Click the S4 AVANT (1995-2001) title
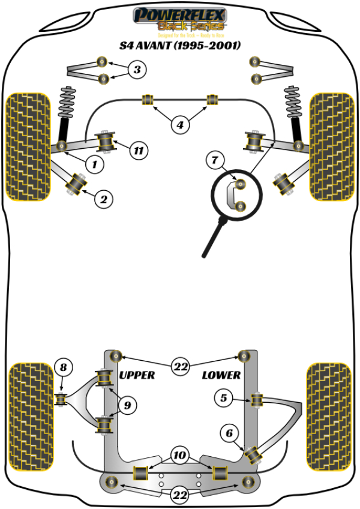click(x=179, y=45)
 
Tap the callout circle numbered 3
click(x=137, y=70)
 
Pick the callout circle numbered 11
click(x=139, y=151)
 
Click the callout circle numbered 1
click(x=94, y=163)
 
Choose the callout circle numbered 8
click(x=64, y=366)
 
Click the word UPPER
click(x=137, y=375)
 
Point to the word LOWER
click(x=221, y=376)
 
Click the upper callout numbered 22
click(x=180, y=366)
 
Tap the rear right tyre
click(x=329, y=412)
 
